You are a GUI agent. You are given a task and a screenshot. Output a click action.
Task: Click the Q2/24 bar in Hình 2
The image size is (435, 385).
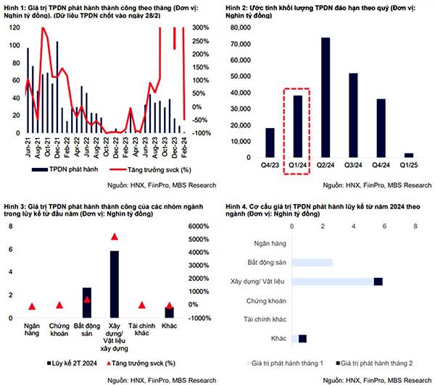pyautogui.click(x=326, y=98)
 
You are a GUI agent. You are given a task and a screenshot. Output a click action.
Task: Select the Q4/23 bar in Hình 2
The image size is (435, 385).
pyautogui.click(x=270, y=143)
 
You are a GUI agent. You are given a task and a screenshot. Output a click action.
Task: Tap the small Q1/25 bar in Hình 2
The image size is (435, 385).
pyautogui.click(x=409, y=155)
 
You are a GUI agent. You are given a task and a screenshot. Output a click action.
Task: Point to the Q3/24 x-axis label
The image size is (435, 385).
pyautogui.click(x=353, y=166)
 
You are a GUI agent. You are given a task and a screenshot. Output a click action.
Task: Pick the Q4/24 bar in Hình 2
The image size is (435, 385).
pyautogui.click(x=381, y=128)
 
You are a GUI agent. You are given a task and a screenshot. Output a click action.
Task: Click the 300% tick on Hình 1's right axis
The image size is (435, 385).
pyautogui.click(x=201, y=28)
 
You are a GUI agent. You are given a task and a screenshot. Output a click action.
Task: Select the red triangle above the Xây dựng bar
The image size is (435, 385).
pyautogui.click(x=114, y=237)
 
